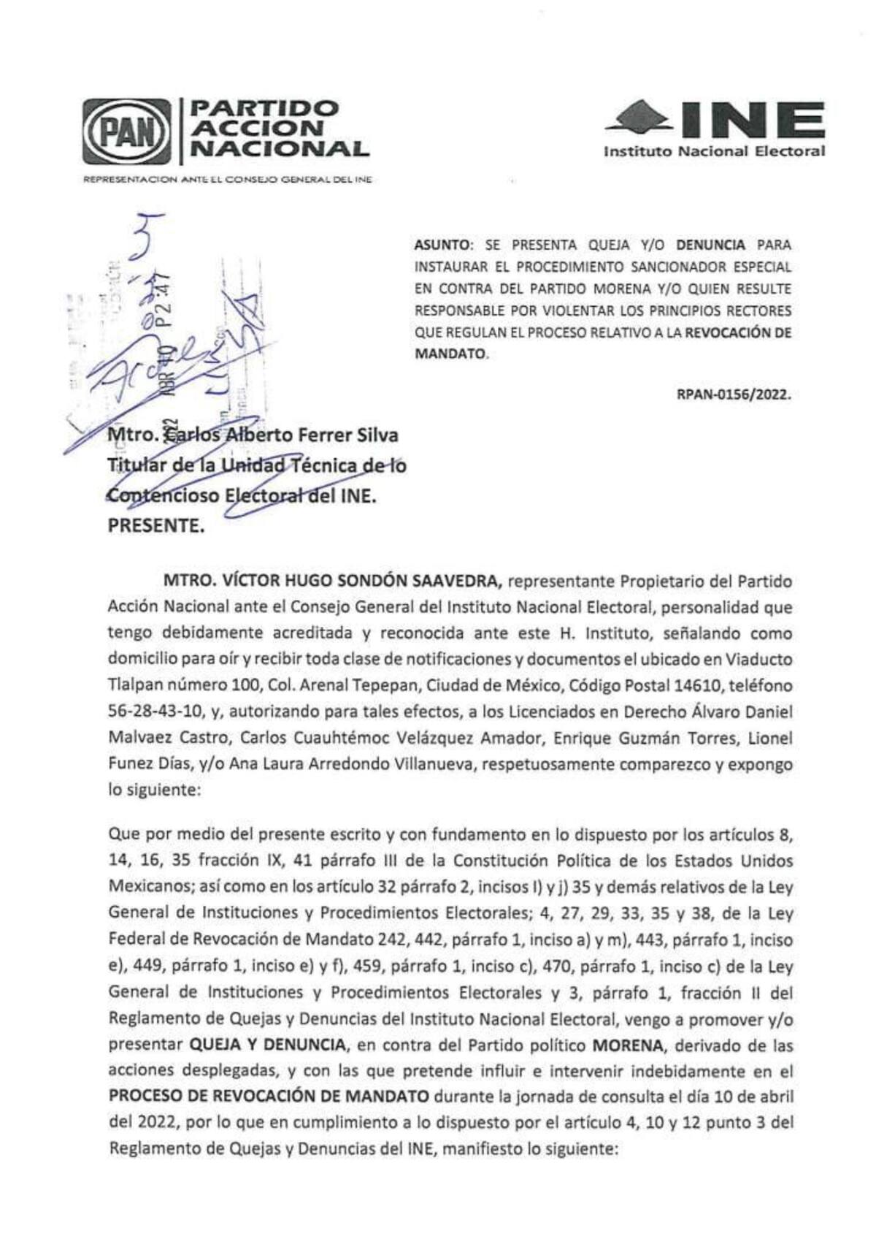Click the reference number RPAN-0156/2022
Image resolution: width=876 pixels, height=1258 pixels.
(734, 394)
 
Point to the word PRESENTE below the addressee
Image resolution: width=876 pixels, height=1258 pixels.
(155, 526)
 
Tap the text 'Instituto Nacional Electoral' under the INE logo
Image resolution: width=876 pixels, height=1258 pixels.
(714, 152)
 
